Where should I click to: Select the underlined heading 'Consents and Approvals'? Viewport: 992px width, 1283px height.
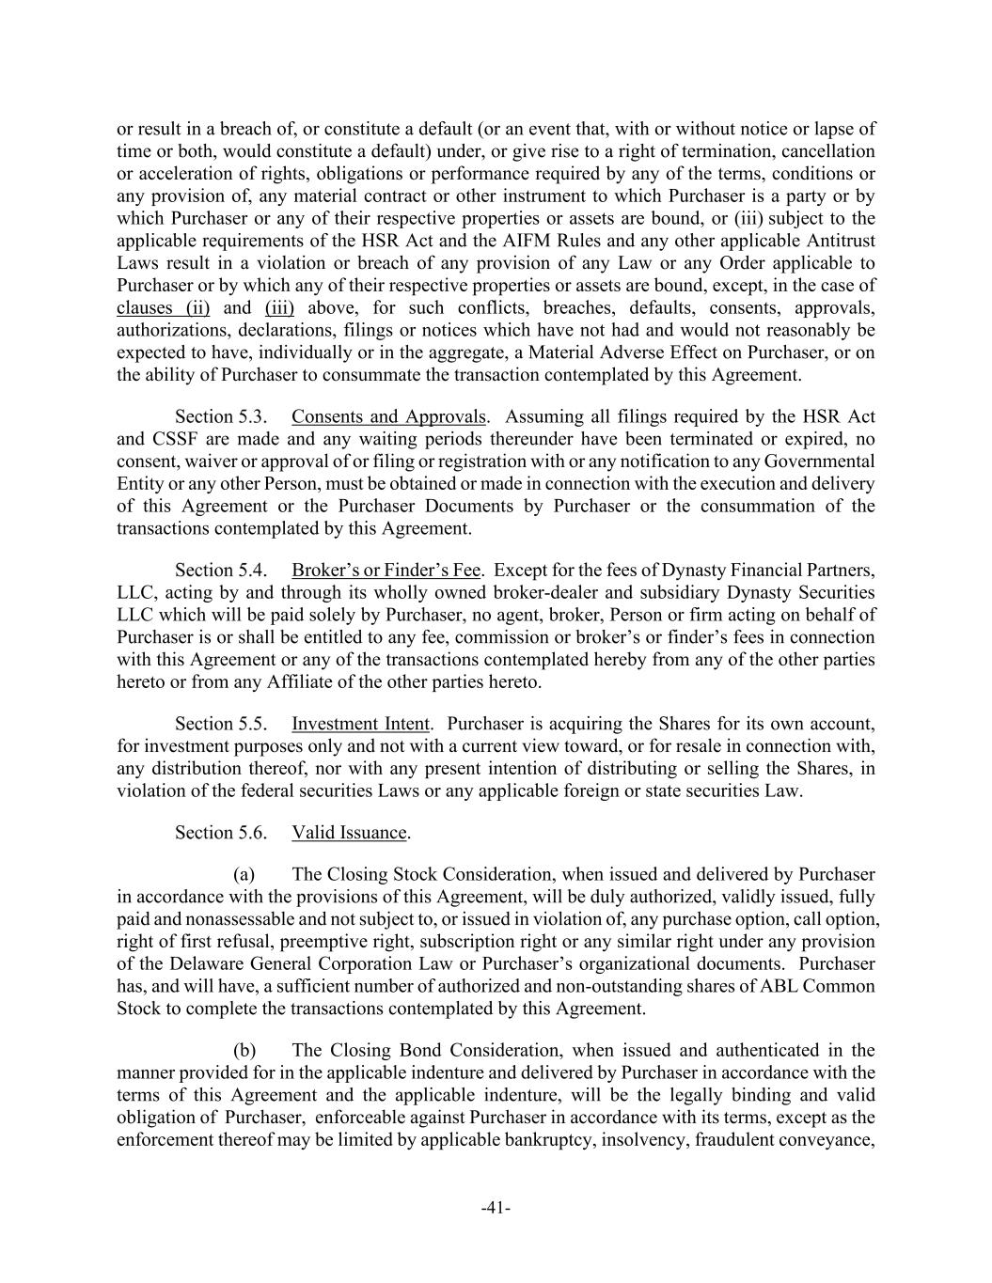coord(388,416)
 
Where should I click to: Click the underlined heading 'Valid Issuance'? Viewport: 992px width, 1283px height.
coord(349,833)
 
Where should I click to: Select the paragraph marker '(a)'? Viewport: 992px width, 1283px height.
coord(244,874)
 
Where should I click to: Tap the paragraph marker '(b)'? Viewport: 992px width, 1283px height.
coord(244,1050)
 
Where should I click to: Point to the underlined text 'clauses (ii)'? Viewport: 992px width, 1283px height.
coord(163,308)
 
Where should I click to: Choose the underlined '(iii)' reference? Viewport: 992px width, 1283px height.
coord(279,308)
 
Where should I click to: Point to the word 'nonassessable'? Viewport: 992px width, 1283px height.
coord(209,919)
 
